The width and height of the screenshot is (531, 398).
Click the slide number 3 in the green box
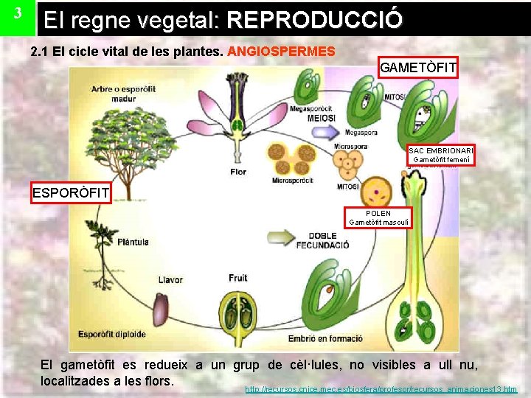18,15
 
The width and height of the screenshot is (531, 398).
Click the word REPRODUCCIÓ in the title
315,19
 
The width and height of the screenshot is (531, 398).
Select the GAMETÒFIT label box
418,68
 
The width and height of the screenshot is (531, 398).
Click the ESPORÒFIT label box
71,194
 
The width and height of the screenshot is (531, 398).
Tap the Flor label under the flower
238,172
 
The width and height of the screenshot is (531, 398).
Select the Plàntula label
133,240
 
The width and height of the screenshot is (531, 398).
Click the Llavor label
170,279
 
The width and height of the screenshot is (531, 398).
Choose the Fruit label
237,278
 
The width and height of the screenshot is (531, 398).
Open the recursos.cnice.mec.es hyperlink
381,388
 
